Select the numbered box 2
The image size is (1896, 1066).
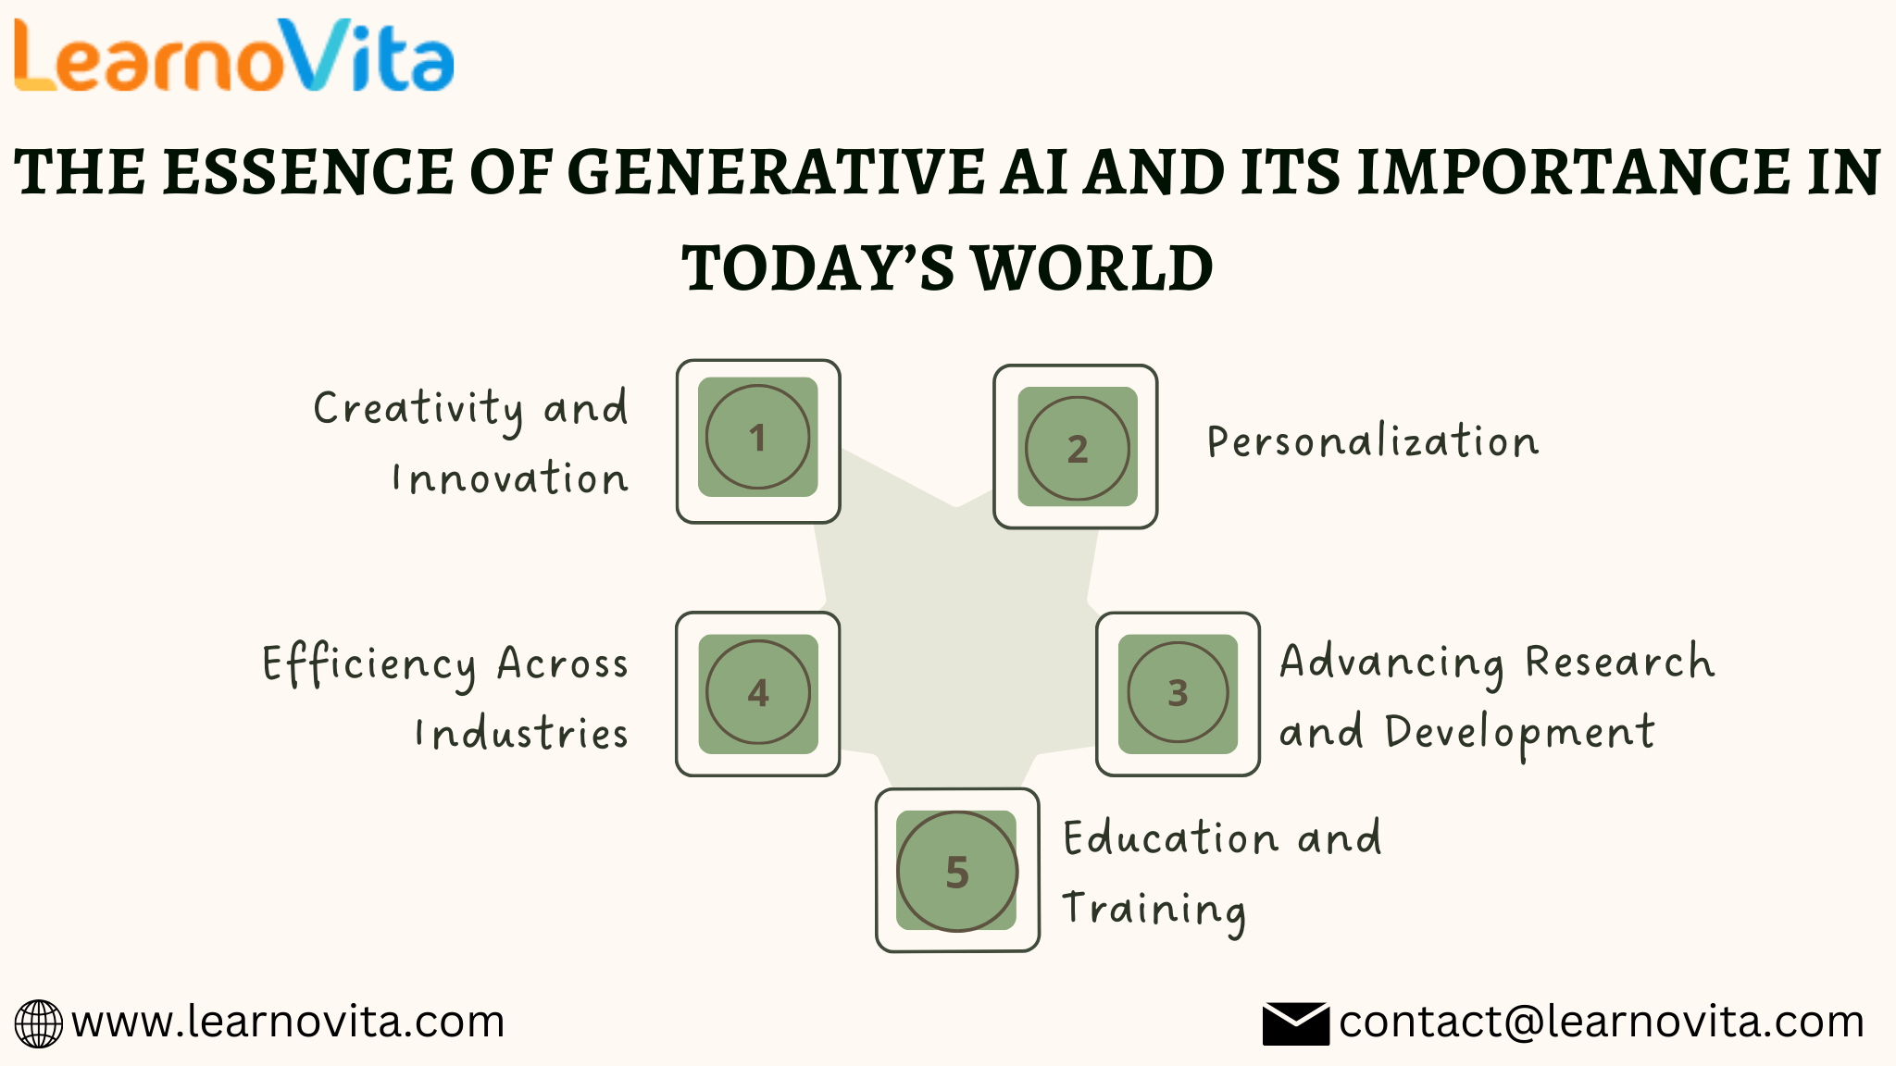point(1077,448)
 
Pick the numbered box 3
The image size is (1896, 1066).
point(1178,693)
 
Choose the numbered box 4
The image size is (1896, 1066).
point(757,693)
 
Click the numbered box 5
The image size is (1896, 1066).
point(957,871)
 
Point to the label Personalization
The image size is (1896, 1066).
point(1373,441)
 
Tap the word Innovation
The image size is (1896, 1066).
point(510,478)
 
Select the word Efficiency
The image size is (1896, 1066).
point(369,664)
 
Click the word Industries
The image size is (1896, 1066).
point(521,734)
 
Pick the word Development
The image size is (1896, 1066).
point(1519,733)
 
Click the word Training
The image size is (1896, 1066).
point(1154,910)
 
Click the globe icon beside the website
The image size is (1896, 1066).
point(39,1023)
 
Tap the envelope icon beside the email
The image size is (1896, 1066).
point(1295,1023)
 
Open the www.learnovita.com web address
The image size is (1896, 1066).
point(288,1023)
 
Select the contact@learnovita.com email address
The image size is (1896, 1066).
point(1601,1023)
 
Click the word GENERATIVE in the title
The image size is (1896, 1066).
point(774,173)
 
